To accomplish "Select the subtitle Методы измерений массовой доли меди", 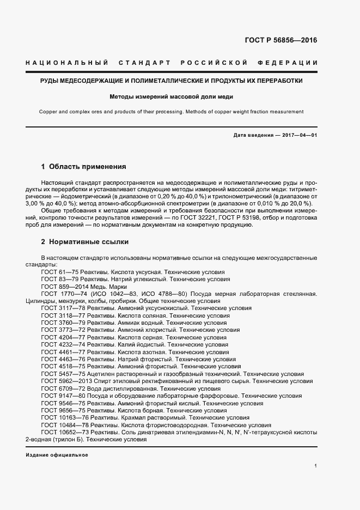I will pyautogui.click(x=171, y=98).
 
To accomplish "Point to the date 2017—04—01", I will pyautogui.click(x=298, y=135).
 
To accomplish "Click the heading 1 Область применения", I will pyautogui.click(x=83, y=166).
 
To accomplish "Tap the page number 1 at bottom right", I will pyautogui.click(x=315, y=466).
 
